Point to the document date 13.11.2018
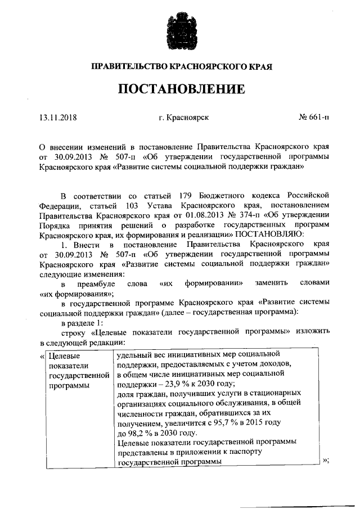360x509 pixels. coord(58,118)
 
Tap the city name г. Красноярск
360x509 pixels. coord(184,118)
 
